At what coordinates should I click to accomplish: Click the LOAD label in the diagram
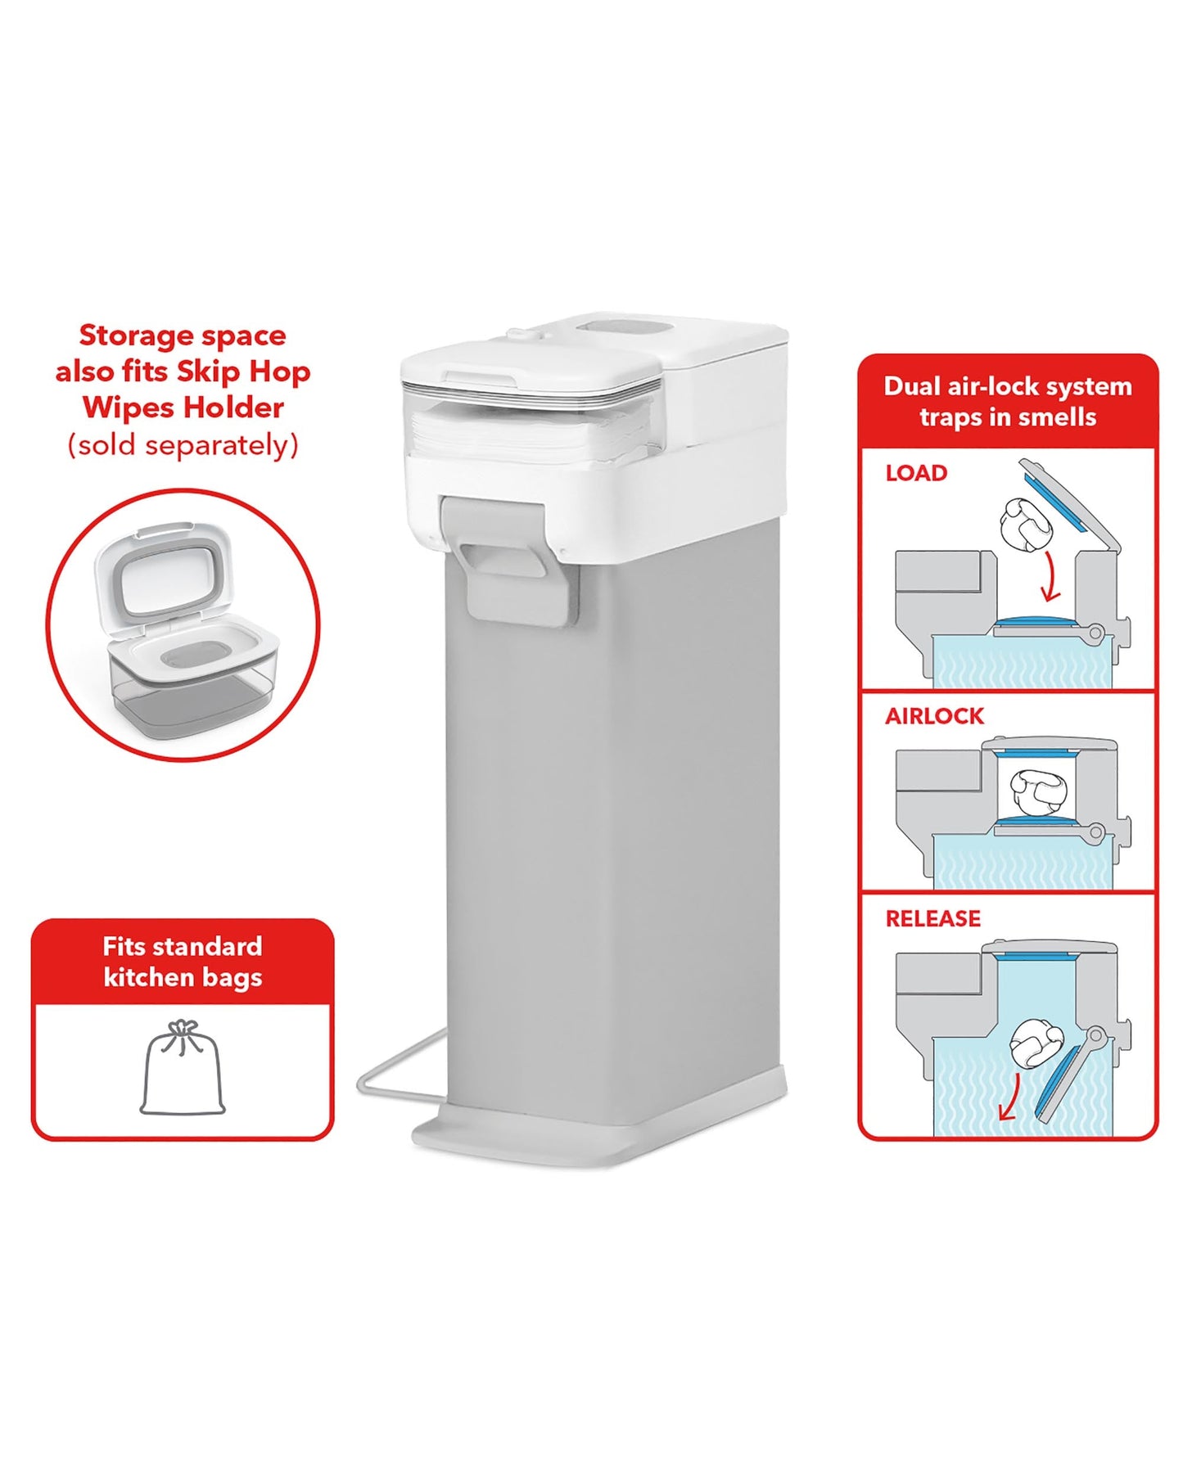916,473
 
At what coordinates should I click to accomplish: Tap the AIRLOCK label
934,716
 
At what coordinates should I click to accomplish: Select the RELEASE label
932,918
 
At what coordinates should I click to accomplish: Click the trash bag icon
183,1068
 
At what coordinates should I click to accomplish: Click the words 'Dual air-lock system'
1007,386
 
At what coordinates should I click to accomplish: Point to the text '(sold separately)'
183,445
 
